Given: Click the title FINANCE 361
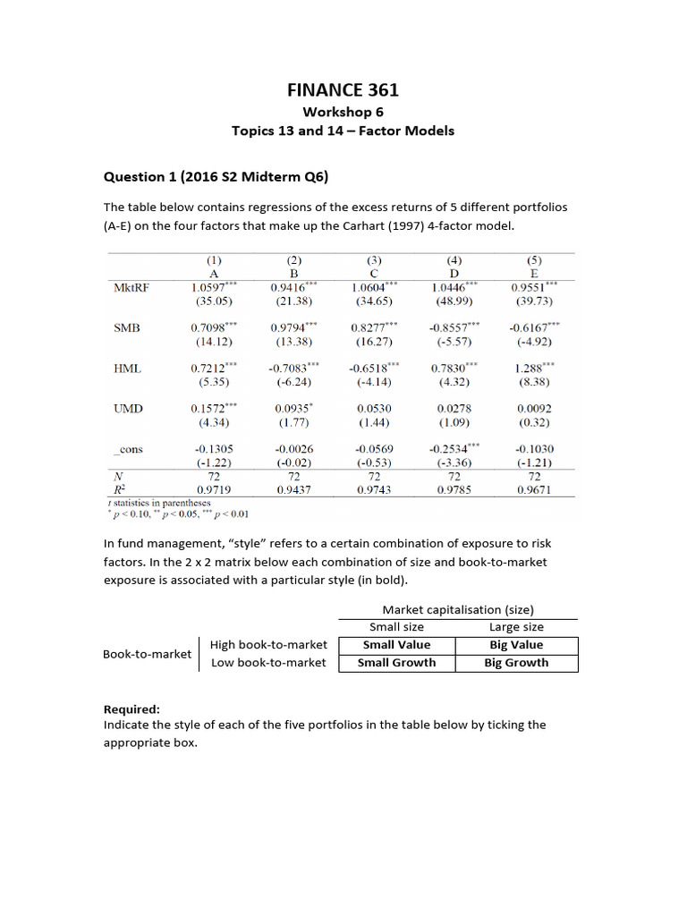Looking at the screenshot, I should tap(343, 89).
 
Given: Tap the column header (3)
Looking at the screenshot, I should tap(373, 260).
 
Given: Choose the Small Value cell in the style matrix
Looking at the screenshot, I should tap(396, 645).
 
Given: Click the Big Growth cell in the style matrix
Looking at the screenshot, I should tap(516, 663).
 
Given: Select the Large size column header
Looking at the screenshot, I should tap(516, 627).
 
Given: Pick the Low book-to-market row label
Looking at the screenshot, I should tap(268, 663).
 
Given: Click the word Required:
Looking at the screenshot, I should tap(131, 708).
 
